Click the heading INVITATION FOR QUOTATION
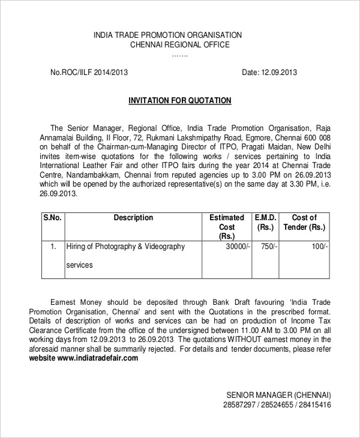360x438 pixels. pos(181,100)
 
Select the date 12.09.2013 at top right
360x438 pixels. pos(278,73)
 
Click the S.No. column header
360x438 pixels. pos(52,218)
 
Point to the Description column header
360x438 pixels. pos(133,218)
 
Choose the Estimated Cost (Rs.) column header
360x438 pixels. pos(226,227)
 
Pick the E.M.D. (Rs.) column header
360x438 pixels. pos(265,223)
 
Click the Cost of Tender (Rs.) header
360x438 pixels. pos(304,223)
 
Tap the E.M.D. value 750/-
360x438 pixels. pos(267,247)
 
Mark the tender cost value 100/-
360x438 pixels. pos(319,247)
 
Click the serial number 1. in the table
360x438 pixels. pos(53,247)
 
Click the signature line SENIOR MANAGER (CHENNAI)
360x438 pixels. pos(278,395)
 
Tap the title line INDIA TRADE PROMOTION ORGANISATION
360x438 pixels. pos(167,35)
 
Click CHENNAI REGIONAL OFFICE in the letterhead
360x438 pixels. pos(179,45)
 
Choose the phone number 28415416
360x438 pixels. pos(314,405)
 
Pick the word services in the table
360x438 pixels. pos(79,264)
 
